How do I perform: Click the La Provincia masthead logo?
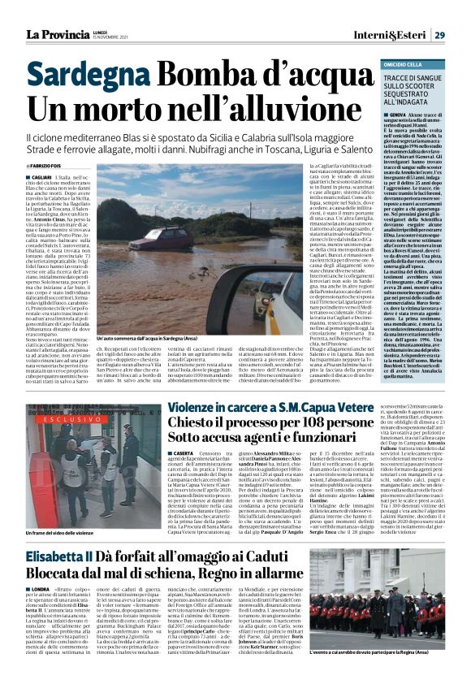(54, 34)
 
